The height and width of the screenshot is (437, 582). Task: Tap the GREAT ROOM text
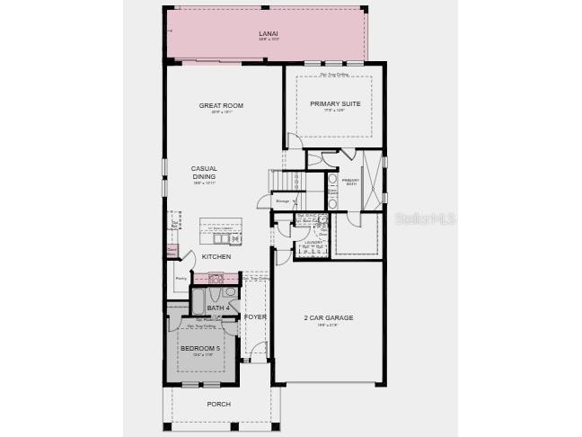[221, 105]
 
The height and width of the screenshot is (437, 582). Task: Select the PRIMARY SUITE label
[335, 103]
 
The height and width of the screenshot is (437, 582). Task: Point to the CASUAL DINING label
[204, 173]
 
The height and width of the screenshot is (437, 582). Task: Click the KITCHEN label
[216, 256]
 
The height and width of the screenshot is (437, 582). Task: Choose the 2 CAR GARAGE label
[329, 317]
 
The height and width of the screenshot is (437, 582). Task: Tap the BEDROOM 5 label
[199, 348]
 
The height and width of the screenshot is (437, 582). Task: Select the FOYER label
[255, 317]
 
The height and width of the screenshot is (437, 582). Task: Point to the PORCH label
[218, 404]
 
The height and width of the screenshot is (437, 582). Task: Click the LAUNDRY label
[313, 242]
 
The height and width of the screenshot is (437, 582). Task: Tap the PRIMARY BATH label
[350, 183]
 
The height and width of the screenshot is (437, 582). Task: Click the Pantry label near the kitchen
[181, 279]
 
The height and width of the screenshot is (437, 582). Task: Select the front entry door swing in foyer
[258, 348]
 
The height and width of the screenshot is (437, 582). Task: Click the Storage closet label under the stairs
[282, 201]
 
